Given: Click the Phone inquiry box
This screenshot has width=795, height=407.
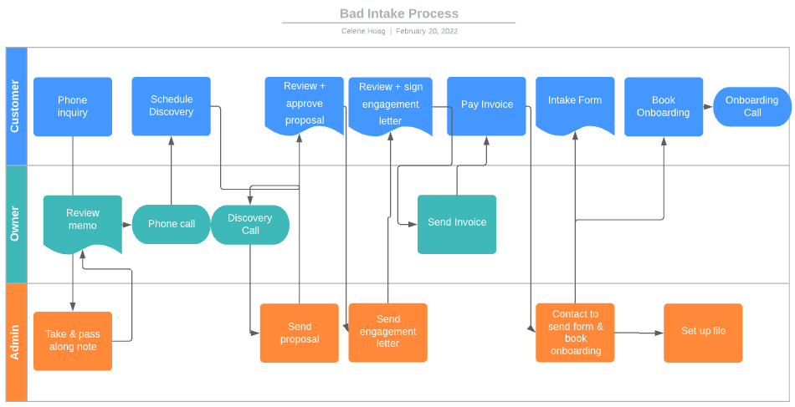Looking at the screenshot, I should point(73,106).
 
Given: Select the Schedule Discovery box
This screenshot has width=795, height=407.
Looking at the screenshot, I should point(171,106).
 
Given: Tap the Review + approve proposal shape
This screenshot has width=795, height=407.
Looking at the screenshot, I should point(305,104).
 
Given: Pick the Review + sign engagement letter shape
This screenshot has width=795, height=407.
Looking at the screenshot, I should point(390,104).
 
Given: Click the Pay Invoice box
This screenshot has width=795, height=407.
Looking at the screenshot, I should point(486,105).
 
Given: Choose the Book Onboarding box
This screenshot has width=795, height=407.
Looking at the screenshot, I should point(664,106).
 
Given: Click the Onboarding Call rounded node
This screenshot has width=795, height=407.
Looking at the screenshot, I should point(751,106).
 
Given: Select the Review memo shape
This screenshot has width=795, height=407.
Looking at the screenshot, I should point(83,221).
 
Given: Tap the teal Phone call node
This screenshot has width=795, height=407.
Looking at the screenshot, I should point(172,224).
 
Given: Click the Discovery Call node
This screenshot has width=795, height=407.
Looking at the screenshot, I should point(250,224).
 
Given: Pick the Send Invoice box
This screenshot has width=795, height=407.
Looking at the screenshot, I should point(457,223).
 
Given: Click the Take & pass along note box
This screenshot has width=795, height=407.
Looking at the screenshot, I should point(73,341).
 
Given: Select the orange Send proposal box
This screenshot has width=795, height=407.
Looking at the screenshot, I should point(300,333).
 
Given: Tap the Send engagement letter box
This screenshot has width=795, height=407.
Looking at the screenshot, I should point(387,332).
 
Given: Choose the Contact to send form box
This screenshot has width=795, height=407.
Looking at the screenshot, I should point(575,332).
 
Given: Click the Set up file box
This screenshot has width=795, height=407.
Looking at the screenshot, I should point(703,332).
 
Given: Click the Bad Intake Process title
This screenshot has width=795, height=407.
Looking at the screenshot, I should point(398,13).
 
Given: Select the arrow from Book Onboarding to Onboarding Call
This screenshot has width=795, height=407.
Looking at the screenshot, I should point(708,107).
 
